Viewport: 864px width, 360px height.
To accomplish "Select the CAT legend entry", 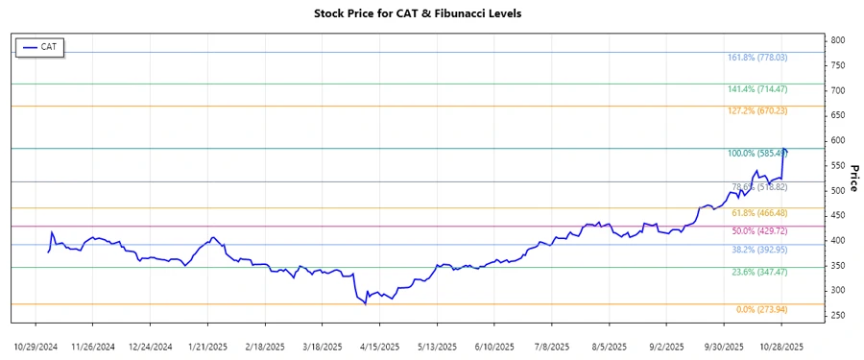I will pyautogui.click(x=40, y=46).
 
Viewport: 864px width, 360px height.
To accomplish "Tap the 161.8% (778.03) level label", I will pyautogui.click(x=758, y=58).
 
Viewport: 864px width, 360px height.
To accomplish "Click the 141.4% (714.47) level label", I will pyautogui.click(x=758, y=89).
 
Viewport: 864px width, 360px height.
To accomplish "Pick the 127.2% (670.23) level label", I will pyautogui.click(x=758, y=111).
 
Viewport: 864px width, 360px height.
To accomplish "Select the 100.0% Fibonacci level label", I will pyautogui.click(x=757, y=154).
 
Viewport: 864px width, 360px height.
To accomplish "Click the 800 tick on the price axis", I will pyautogui.click(x=838, y=40).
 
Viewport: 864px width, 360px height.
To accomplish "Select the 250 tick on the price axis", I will pyautogui.click(x=838, y=316).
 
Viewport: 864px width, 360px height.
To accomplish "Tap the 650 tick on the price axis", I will pyautogui.click(x=838, y=115).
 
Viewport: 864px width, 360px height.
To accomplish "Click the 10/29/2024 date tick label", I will pyautogui.click(x=36, y=346).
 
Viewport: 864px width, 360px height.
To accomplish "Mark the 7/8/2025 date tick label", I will pyautogui.click(x=554, y=346).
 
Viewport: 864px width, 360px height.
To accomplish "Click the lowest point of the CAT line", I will pyautogui.click(x=366, y=303).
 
